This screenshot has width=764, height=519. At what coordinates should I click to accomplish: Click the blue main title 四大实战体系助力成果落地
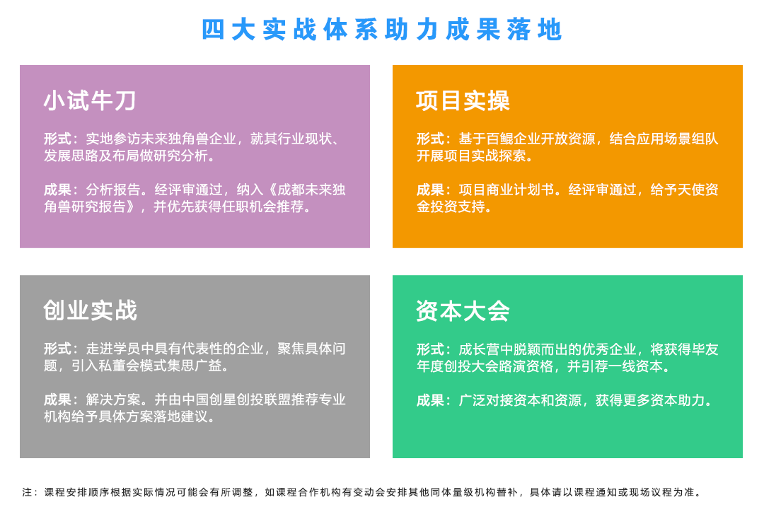382,30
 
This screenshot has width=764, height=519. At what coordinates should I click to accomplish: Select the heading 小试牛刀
90,101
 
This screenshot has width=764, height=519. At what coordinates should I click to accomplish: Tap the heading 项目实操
463,101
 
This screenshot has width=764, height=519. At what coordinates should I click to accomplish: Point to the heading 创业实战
90,310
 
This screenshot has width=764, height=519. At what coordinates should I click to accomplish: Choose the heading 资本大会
463,311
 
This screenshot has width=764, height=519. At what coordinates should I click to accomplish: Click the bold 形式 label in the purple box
57,139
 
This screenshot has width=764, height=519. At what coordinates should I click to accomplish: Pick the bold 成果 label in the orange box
430,190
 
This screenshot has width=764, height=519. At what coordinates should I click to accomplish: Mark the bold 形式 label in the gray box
57,349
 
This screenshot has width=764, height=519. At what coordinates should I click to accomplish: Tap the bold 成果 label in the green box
430,400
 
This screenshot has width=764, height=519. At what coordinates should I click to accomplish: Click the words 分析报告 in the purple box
113,190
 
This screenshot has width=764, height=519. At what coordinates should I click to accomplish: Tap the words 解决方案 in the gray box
113,400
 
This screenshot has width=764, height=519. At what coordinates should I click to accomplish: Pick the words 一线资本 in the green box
636,366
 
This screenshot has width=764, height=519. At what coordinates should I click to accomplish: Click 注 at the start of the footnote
27,492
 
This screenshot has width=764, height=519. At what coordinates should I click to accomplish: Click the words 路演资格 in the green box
527,366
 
